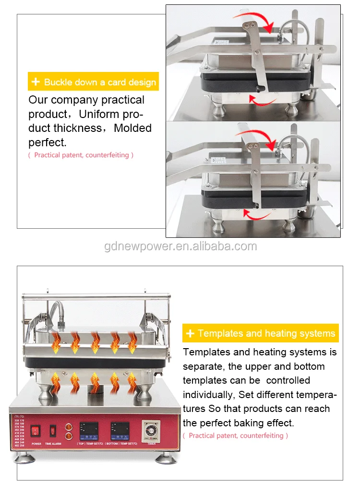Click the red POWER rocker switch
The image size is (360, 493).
point(36,430)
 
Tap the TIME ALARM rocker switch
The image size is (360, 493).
point(53,430)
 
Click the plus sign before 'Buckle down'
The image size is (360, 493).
point(36,82)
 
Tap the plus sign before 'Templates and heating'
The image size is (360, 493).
point(190,333)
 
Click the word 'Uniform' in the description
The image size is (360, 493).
point(96,114)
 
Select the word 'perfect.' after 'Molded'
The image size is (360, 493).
point(48,142)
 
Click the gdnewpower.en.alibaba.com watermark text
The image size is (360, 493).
point(180,246)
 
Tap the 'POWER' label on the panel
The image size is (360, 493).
point(36,444)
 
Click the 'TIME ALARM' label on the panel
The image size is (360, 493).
point(54,444)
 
